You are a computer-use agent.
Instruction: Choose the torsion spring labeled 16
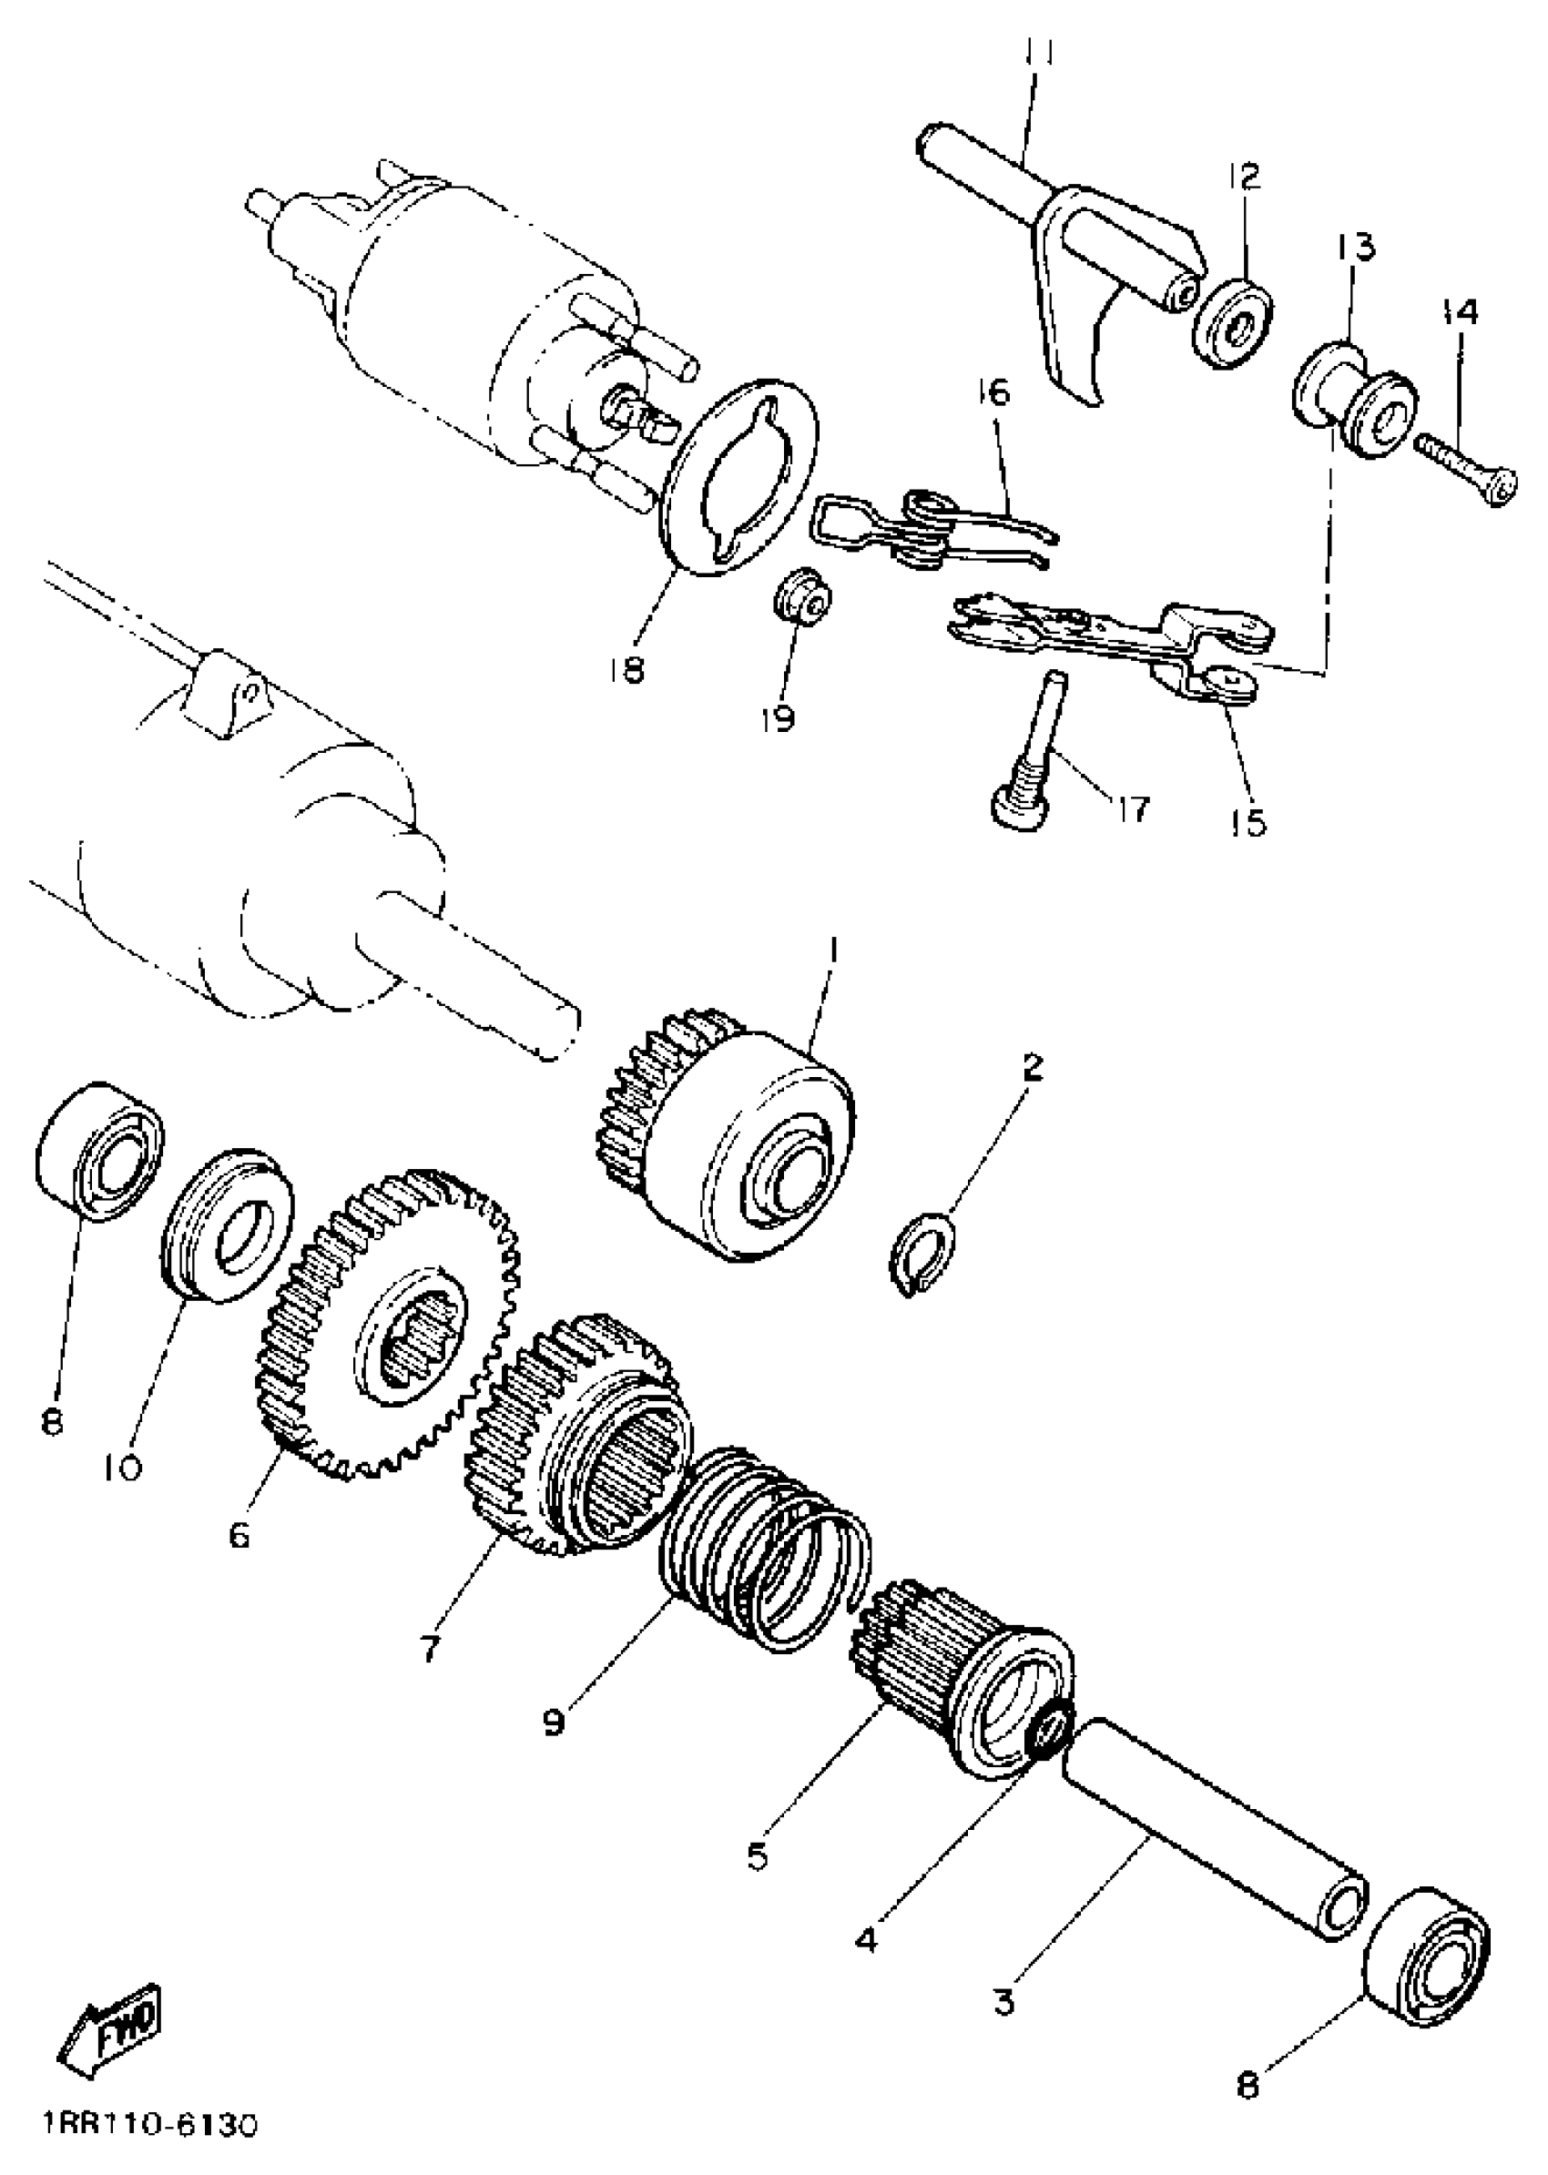[x=935, y=530]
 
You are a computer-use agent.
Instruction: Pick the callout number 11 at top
[x=1040, y=56]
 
